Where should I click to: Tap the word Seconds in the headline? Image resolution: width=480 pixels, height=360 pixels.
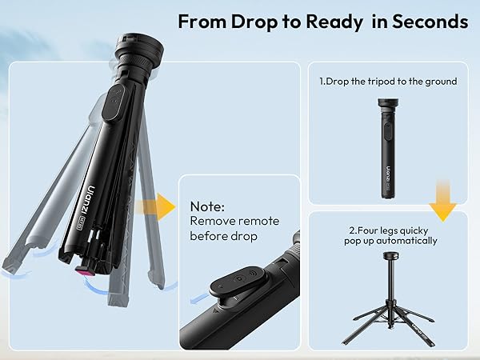[428, 21]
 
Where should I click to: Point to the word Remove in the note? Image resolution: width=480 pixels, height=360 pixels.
[212, 220]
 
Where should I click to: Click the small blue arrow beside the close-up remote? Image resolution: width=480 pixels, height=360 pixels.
[192, 298]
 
